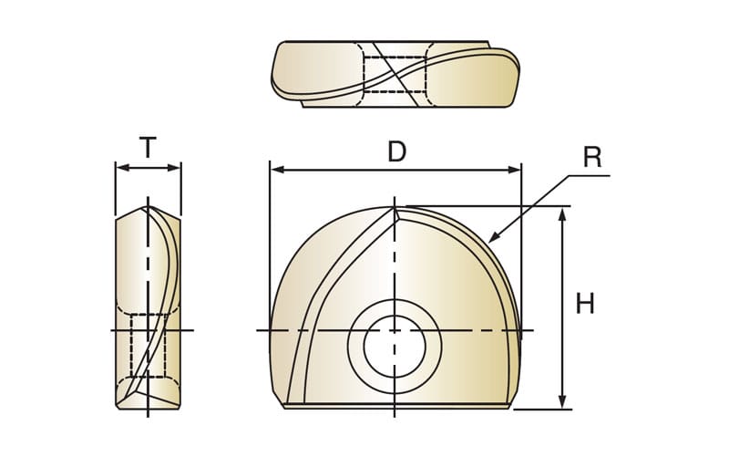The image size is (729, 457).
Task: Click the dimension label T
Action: [x=148, y=148]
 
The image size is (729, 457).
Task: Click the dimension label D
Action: [x=396, y=151]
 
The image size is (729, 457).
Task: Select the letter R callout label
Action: [x=592, y=157]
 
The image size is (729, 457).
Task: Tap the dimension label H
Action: [x=585, y=304]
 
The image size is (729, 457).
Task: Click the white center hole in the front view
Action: [x=395, y=347]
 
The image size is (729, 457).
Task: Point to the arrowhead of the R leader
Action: [x=494, y=237]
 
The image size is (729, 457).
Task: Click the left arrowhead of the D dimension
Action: [x=277, y=170]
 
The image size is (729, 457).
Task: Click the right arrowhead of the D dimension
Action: [x=514, y=170]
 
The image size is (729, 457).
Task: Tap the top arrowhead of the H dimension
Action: [x=562, y=215]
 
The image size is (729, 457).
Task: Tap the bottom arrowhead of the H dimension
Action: [x=562, y=401]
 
